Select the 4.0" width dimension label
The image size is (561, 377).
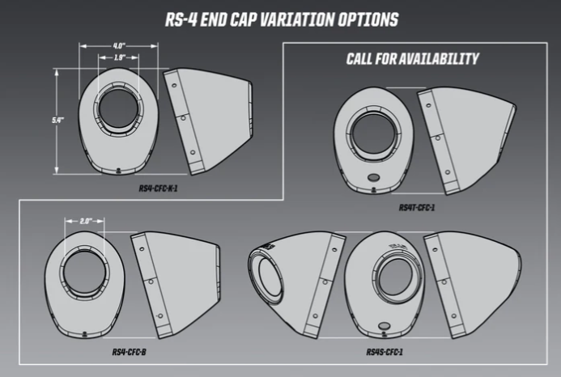(x=118, y=46)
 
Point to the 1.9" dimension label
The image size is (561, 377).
(x=118, y=57)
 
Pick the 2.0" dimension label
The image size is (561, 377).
(x=87, y=220)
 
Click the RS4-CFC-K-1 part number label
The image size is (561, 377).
(x=158, y=188)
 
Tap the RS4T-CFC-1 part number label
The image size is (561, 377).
(x=418, y=207)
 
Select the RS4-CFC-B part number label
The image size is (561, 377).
(x=129, y=352)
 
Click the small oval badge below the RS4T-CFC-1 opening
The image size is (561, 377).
(x=373, y=177)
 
